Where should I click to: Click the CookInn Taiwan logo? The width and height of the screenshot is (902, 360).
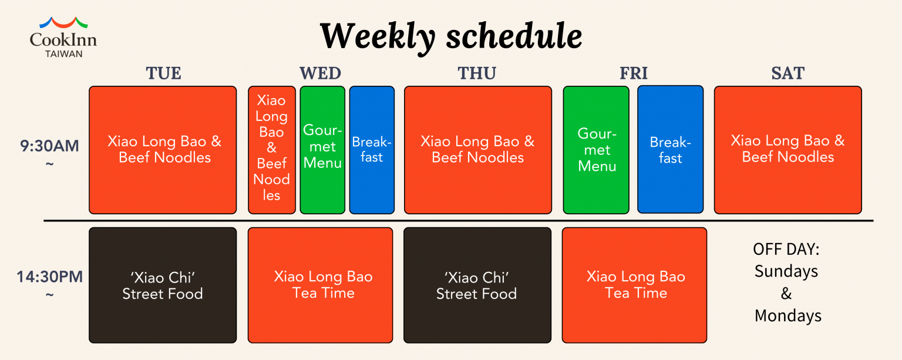pos(63,38)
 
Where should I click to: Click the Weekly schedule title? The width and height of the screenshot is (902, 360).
pos(451,37)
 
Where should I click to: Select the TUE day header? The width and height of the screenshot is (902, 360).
pos(163,73)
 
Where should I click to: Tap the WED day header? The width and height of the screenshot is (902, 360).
pos(321,73)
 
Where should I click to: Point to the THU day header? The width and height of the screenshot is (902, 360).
pos(477,73)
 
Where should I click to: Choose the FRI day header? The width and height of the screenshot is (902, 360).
pos(634,73)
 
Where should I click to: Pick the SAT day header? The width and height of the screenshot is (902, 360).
pos(788,73)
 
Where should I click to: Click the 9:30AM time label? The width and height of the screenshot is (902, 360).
pos(49,146)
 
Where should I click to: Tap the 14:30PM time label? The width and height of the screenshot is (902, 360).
pos(49,277)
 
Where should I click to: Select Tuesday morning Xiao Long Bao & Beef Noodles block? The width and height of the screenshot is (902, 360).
pos(163,150)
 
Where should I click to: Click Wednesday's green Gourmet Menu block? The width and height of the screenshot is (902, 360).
pos(322,150)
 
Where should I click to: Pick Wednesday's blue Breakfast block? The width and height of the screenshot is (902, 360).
pos(372,150)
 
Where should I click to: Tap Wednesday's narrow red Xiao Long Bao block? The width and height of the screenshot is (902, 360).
pos(272,150)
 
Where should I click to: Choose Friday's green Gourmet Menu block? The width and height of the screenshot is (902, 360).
pos(596,150)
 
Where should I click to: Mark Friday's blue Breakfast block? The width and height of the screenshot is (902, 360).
pos(671,149)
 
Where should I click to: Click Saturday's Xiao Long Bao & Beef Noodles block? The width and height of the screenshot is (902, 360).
pos(788,150)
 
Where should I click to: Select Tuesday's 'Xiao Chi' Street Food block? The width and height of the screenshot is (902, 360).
pos(163,285)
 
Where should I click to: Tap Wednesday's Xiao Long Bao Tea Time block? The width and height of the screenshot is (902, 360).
pos(321,285)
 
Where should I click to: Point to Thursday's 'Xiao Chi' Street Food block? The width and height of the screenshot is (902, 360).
pos(477,285)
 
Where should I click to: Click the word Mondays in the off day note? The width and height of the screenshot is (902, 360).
pos(788,316)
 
